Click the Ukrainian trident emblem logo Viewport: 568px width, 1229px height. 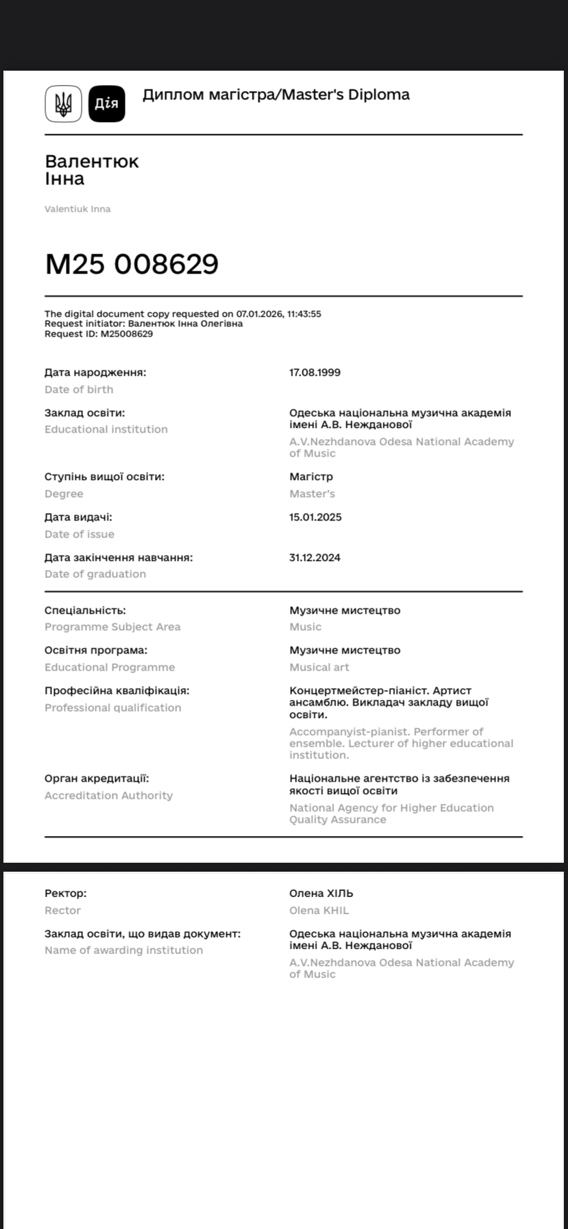pyautogui.click(x=63, y=104)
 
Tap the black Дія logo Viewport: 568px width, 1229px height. pyautogui.click(x=107, y=104)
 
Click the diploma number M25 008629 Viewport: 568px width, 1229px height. pyautogui.click(x=132, y=264)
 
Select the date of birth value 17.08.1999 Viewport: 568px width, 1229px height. pyautogui.click(x=315, y=372)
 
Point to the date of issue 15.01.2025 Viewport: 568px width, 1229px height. pyautogui.click(x=316, y=517)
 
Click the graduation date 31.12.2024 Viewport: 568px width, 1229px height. pyautogui.click(x=315, y=558)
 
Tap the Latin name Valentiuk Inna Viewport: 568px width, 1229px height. pyautogui.click(x=78, y=208)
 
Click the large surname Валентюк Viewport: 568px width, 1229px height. pyautogui.click(x=92, y=161)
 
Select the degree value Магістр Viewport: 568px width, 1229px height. pyautogui.click(x=311, y=477)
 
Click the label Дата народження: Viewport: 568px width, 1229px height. pyautogui.click(x=95, y=372)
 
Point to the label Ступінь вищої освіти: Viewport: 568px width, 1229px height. pyautogui.click(x=104, y=477)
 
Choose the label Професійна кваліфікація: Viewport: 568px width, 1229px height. pyautogui.click(x=117, y=691)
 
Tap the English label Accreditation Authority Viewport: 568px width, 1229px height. pyautogui.click(x=108, y=796)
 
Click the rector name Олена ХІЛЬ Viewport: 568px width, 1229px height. pyautogui.click(x=321, y=894)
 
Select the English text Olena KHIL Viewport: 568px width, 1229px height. pyautogui.click(x=319, y=911)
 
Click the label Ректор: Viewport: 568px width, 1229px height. pyautogui.click(x=66, y=894)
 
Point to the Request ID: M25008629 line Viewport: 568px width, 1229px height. pyautogui.click(x=99, y=334)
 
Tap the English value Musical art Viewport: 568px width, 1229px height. pyautogui.click(x=319, y=667)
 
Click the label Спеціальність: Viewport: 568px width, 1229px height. pyautogui.click(x=85, y=610)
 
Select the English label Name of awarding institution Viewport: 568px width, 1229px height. pyautogui.click(x=123, y=951)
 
